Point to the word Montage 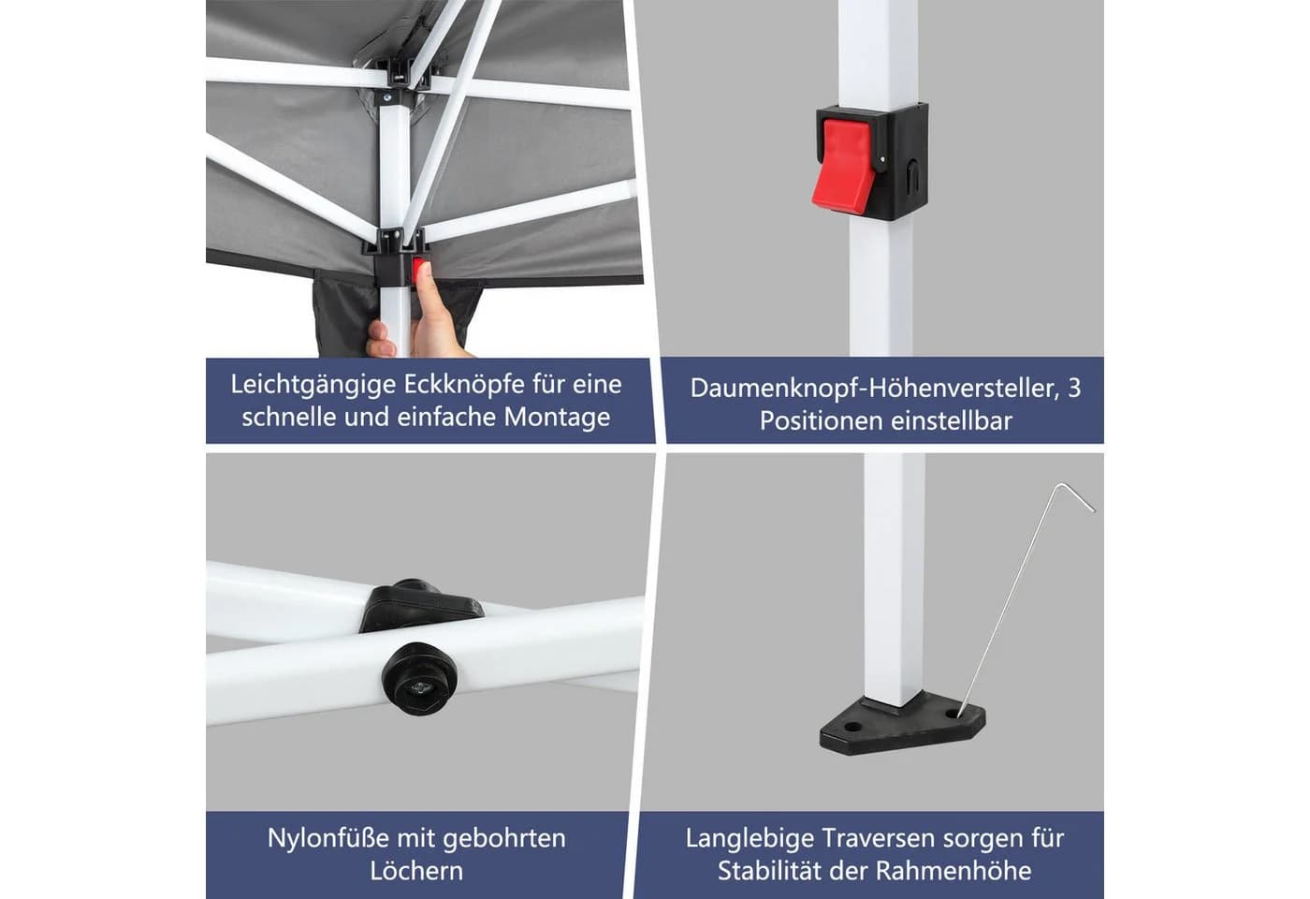coord(557,418)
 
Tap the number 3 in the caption coord(1074,389)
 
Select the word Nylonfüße coord(328,838)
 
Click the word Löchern coord(416,871)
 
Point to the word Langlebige coord(749,839)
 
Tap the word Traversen coord(879,838)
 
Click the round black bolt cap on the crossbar coord(420,677)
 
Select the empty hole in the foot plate coord(853,727)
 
